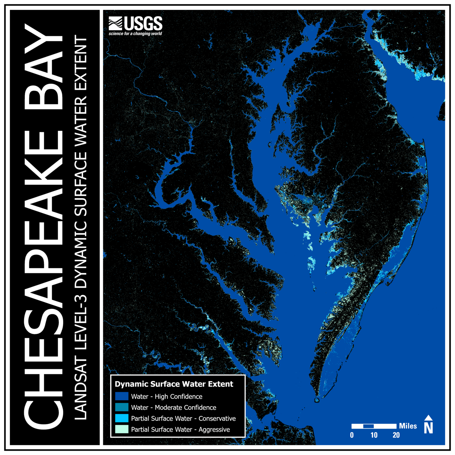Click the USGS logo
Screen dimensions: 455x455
coord(135,24)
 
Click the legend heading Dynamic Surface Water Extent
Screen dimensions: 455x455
coord(174,384)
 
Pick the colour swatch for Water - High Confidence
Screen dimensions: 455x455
coord(122,396)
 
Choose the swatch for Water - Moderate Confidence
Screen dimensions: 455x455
coord(122,407)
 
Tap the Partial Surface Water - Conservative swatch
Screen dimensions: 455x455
coord(122,418)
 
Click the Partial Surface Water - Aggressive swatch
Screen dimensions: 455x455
coord(122,429)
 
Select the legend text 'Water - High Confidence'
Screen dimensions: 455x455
coord(167,396)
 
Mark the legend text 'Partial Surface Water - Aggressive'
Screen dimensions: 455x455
coord(180,429)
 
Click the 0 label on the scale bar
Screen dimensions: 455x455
coord(352,435)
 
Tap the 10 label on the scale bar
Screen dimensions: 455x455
coord(374,435)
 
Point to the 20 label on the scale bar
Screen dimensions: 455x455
coord(396,435)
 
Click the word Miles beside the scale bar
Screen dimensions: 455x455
coord(408,426)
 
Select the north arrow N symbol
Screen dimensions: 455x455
coord(428,426)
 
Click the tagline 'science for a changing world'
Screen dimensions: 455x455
coord(135,34)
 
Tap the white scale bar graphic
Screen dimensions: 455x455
coord(374,426)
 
